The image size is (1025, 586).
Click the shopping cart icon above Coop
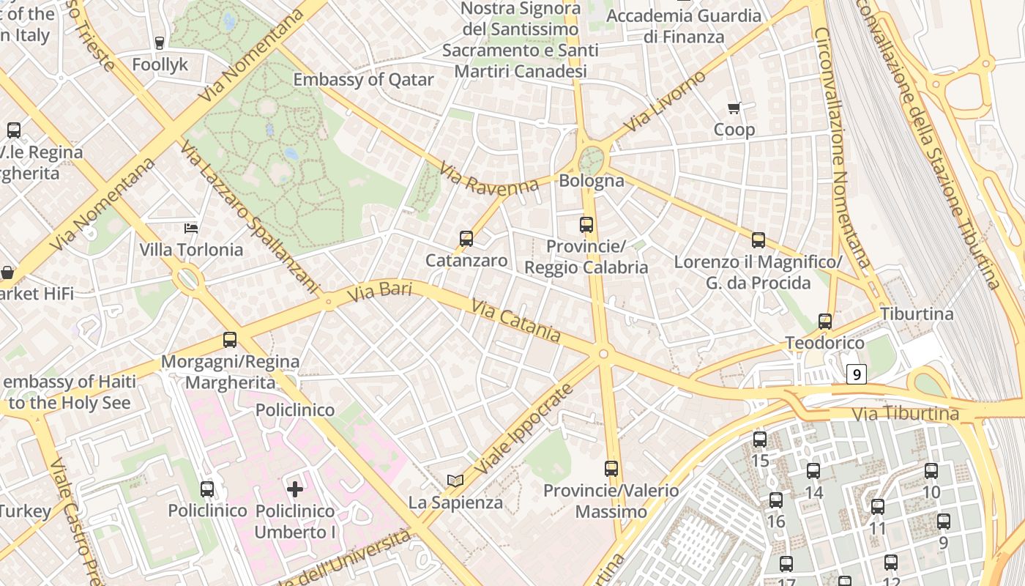click(734, 108)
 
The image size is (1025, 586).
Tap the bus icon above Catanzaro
click(466, 239)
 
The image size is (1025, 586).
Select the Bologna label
click(592, 181)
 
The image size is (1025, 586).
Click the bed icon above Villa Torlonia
click(191, 229)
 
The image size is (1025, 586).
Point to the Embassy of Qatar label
click(364, 80)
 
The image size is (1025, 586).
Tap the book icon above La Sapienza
click(455, 481)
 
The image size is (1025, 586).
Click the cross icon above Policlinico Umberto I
click(295, 489)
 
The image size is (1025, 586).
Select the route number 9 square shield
click(857, 375)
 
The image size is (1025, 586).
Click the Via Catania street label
click(516, 320)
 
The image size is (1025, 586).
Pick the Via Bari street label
click(379, 292)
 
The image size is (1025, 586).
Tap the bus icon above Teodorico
click(825, 321)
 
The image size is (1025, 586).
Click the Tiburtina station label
click(917, 314)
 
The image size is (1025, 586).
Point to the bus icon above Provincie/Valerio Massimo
click(611, 469)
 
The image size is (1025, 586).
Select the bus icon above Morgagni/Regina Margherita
click(230, 340)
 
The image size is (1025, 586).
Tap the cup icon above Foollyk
click(160, 43)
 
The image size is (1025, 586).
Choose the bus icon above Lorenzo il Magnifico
click(758, 240)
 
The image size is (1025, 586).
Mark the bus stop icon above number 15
click(760, 439)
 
